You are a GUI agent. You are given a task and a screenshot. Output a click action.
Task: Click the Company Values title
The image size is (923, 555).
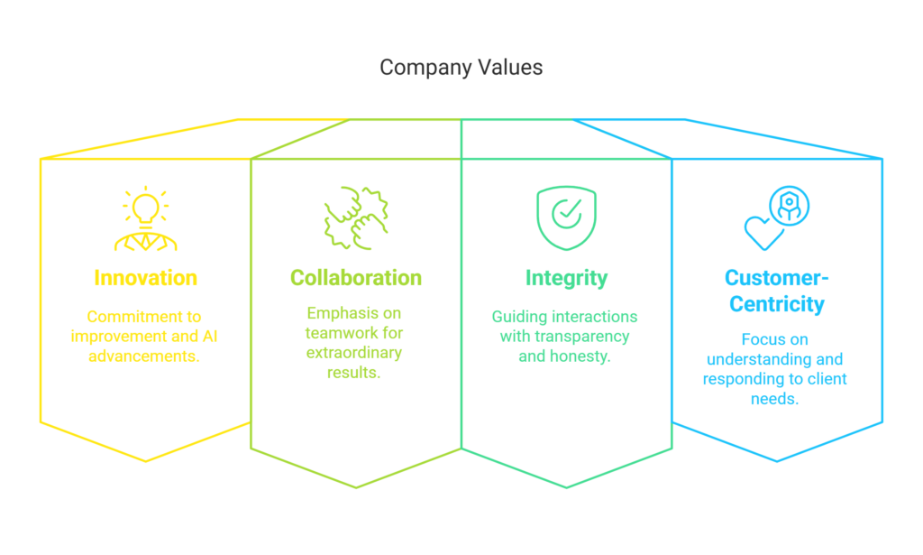[x=461, y=68]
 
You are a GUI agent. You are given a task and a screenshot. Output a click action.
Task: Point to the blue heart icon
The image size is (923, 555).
[x=763, y=230]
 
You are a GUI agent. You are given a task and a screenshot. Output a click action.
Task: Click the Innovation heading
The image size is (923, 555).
[x=145, y=278]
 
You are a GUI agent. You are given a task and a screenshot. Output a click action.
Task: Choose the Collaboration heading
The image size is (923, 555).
[x=356, y=278]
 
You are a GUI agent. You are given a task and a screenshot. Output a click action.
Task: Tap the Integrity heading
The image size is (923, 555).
[x=566, y=278]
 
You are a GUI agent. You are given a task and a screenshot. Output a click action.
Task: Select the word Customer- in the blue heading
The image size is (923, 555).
[x=776, y=278]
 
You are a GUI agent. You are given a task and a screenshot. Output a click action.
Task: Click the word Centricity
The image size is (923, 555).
[x=776, y=304]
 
